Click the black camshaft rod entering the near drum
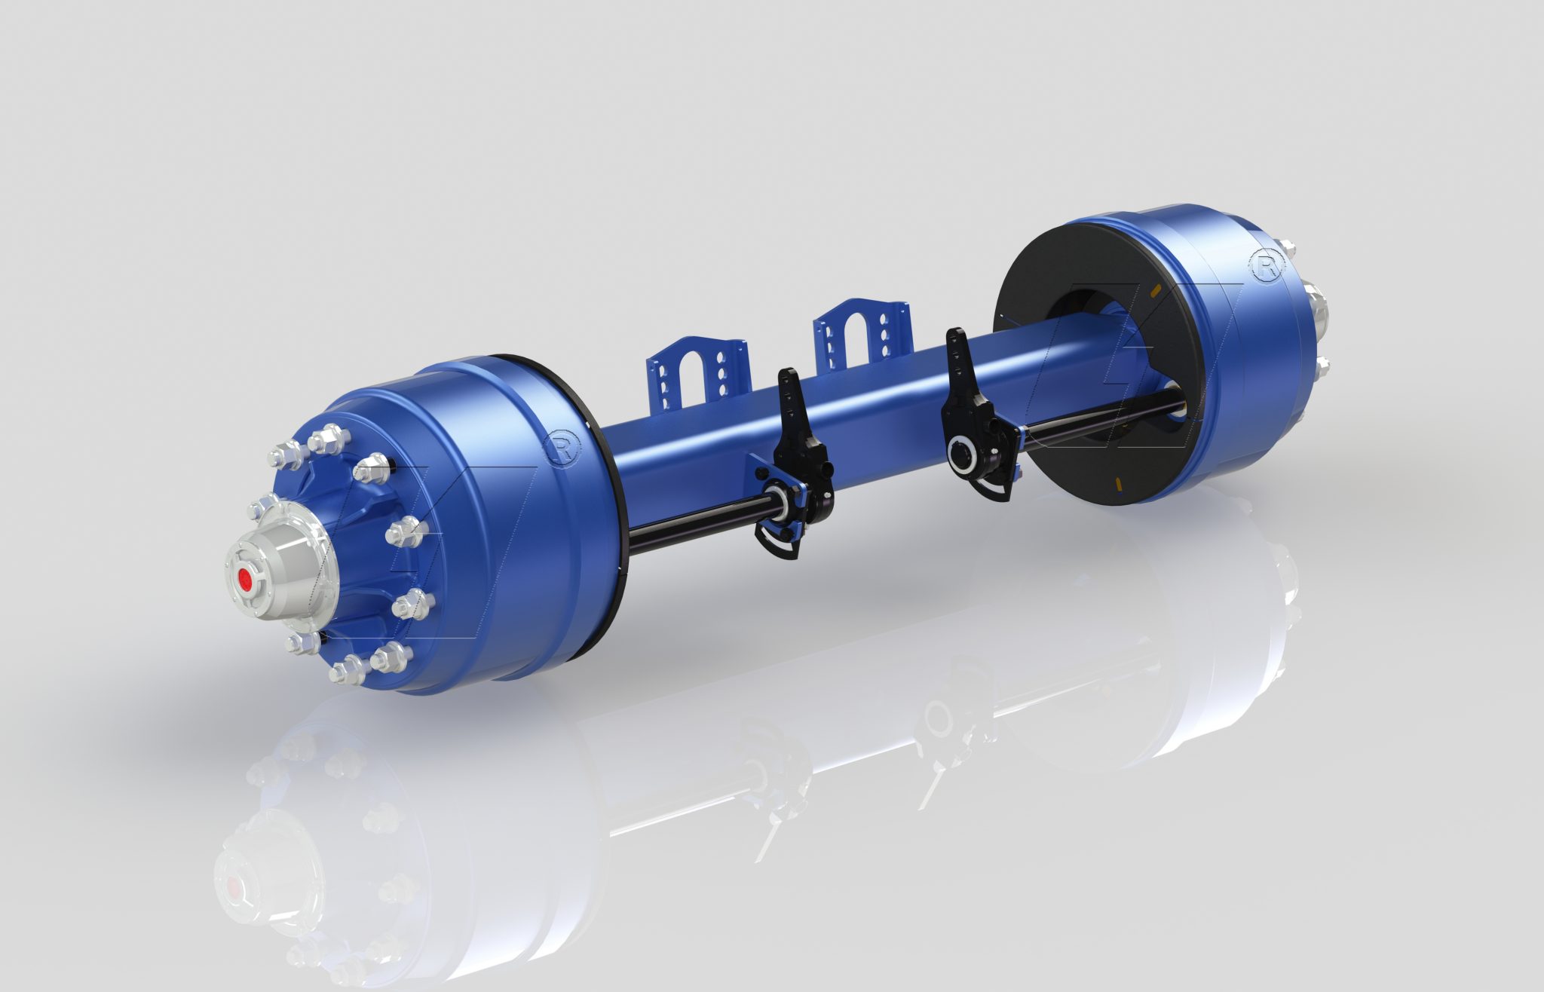click(694, 528)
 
